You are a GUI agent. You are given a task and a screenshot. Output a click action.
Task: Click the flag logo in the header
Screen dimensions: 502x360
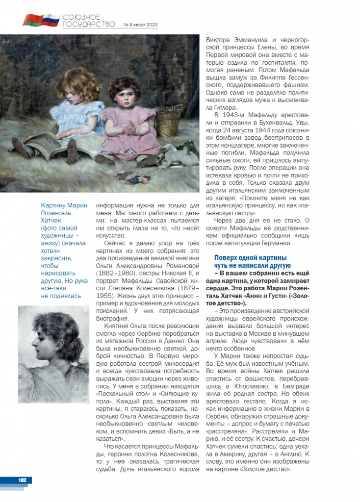point(41,20)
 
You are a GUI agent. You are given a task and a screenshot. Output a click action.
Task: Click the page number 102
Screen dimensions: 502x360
point(23,480)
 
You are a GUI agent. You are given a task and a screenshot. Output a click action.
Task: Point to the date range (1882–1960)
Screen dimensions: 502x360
point(112,273)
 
